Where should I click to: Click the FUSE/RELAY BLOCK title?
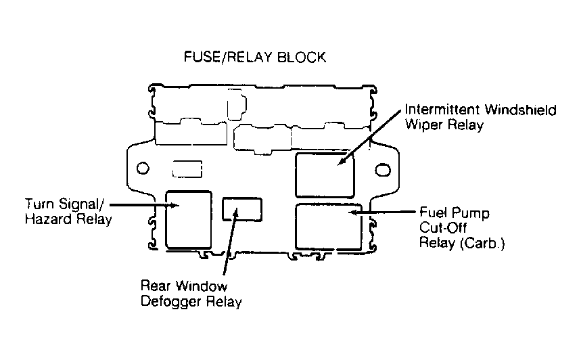click(x=255, y=57)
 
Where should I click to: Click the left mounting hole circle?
click(x=143, y=168)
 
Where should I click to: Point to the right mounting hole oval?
click(x=383, y=170)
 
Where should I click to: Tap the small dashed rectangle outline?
click(x=187, y=169)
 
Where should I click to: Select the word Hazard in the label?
click(x=49, y=219)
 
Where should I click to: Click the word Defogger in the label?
click(x=171, y=301)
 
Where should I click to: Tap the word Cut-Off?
click(x=443, y=227)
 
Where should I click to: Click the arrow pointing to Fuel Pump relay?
click(x=383, y=212)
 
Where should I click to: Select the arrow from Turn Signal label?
click(x=145, y=204)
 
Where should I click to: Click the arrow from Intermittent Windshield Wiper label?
click(x=370, y=137)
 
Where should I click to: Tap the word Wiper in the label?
click(x=424, y=125)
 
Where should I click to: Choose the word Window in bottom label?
click(x=201, y=286)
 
